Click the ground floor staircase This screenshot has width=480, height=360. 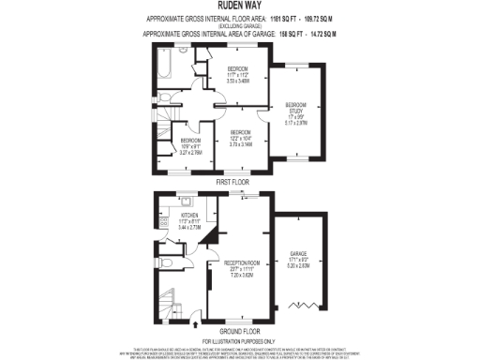[167, 299]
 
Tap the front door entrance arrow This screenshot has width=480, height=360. [196, 323]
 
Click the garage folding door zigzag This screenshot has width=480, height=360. [299, 305]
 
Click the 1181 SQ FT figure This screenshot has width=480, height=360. [283, 18]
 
